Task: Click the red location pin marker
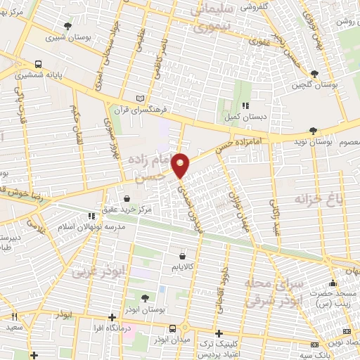coord(181,166)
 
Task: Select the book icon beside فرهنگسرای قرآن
coord(140,98)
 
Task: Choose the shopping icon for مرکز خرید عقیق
coord(126,198)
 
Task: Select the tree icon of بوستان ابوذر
coord(145,298)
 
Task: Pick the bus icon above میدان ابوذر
coord(173,328)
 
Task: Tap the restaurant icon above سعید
coord(14,317)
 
